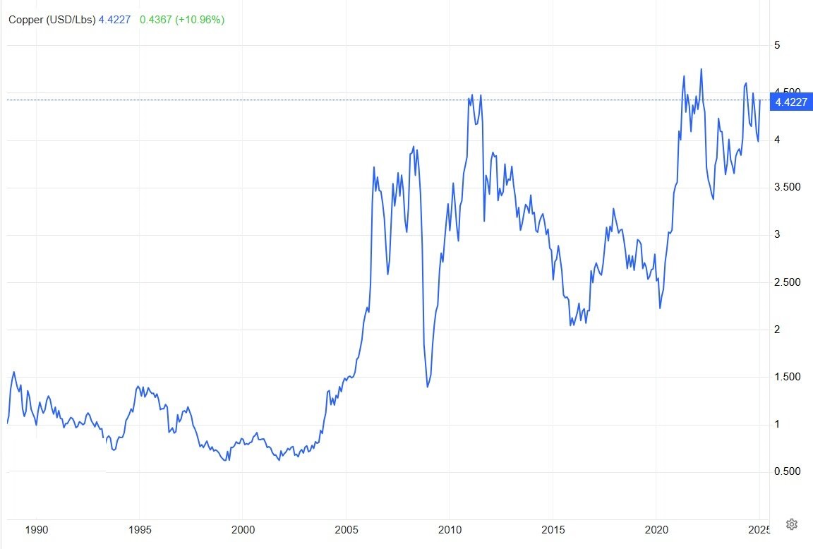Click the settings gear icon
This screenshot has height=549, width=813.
(791, 524)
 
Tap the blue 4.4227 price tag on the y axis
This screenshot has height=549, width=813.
(791, 102)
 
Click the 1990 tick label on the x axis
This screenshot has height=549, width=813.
(36, 530)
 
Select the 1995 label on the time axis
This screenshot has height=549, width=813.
(140, 530)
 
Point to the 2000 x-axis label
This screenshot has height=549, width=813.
(243, 530)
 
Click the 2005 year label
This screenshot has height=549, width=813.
(347, 530)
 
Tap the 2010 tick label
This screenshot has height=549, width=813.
(450, 530)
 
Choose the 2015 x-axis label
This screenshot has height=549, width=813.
(553, 530)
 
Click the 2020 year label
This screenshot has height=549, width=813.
(656, 530)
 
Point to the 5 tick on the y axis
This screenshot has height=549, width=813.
(777, 45)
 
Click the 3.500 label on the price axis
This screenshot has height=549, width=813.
(787, 187)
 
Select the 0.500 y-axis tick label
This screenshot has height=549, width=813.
(787, 471)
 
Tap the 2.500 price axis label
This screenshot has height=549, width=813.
(787, 282)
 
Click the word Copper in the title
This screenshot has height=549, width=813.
(26, 20)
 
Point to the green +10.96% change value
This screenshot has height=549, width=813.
(200, 20)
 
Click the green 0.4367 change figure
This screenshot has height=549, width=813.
(155, 20)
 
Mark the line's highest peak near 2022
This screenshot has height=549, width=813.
(701, 69)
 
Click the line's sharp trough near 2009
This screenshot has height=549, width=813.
(427, 387)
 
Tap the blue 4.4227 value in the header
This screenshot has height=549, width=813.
(114, 20)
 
